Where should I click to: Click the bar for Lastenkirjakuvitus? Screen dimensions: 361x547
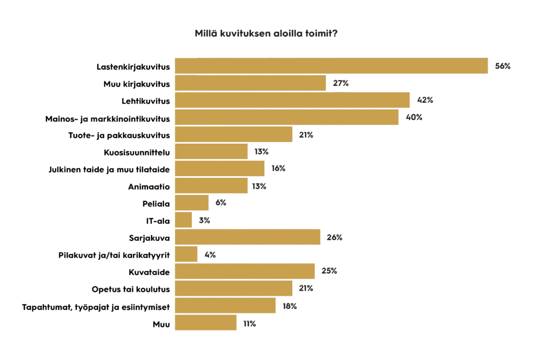click(331, 66)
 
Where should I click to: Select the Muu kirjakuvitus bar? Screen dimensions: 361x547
click(250, 83)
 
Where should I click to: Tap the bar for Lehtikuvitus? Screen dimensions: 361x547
click(292, 100)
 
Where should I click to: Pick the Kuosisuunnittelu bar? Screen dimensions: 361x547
click(211, 152)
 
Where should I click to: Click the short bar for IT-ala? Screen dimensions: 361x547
click(183, 220)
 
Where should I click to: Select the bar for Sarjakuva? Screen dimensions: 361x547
click(247, 237)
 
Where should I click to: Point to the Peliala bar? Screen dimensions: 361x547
click(192, 203)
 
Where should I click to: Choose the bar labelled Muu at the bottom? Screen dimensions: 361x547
click(206, 323)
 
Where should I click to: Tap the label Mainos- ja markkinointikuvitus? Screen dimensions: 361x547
click(107, 117)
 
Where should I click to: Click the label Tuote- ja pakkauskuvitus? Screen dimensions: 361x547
click(120, 135)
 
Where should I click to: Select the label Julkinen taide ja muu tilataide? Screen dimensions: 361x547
click(109, 169)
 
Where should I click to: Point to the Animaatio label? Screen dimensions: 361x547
click(149, 186)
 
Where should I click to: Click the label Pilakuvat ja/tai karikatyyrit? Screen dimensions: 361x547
click(114, 255)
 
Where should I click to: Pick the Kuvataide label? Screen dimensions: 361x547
click(150, 272)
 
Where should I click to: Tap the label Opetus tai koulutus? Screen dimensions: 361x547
click(131, 289)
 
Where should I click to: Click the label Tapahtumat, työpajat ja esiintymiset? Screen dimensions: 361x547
click(96, 307)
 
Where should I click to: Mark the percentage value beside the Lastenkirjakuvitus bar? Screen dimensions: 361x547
click(503, 66)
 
